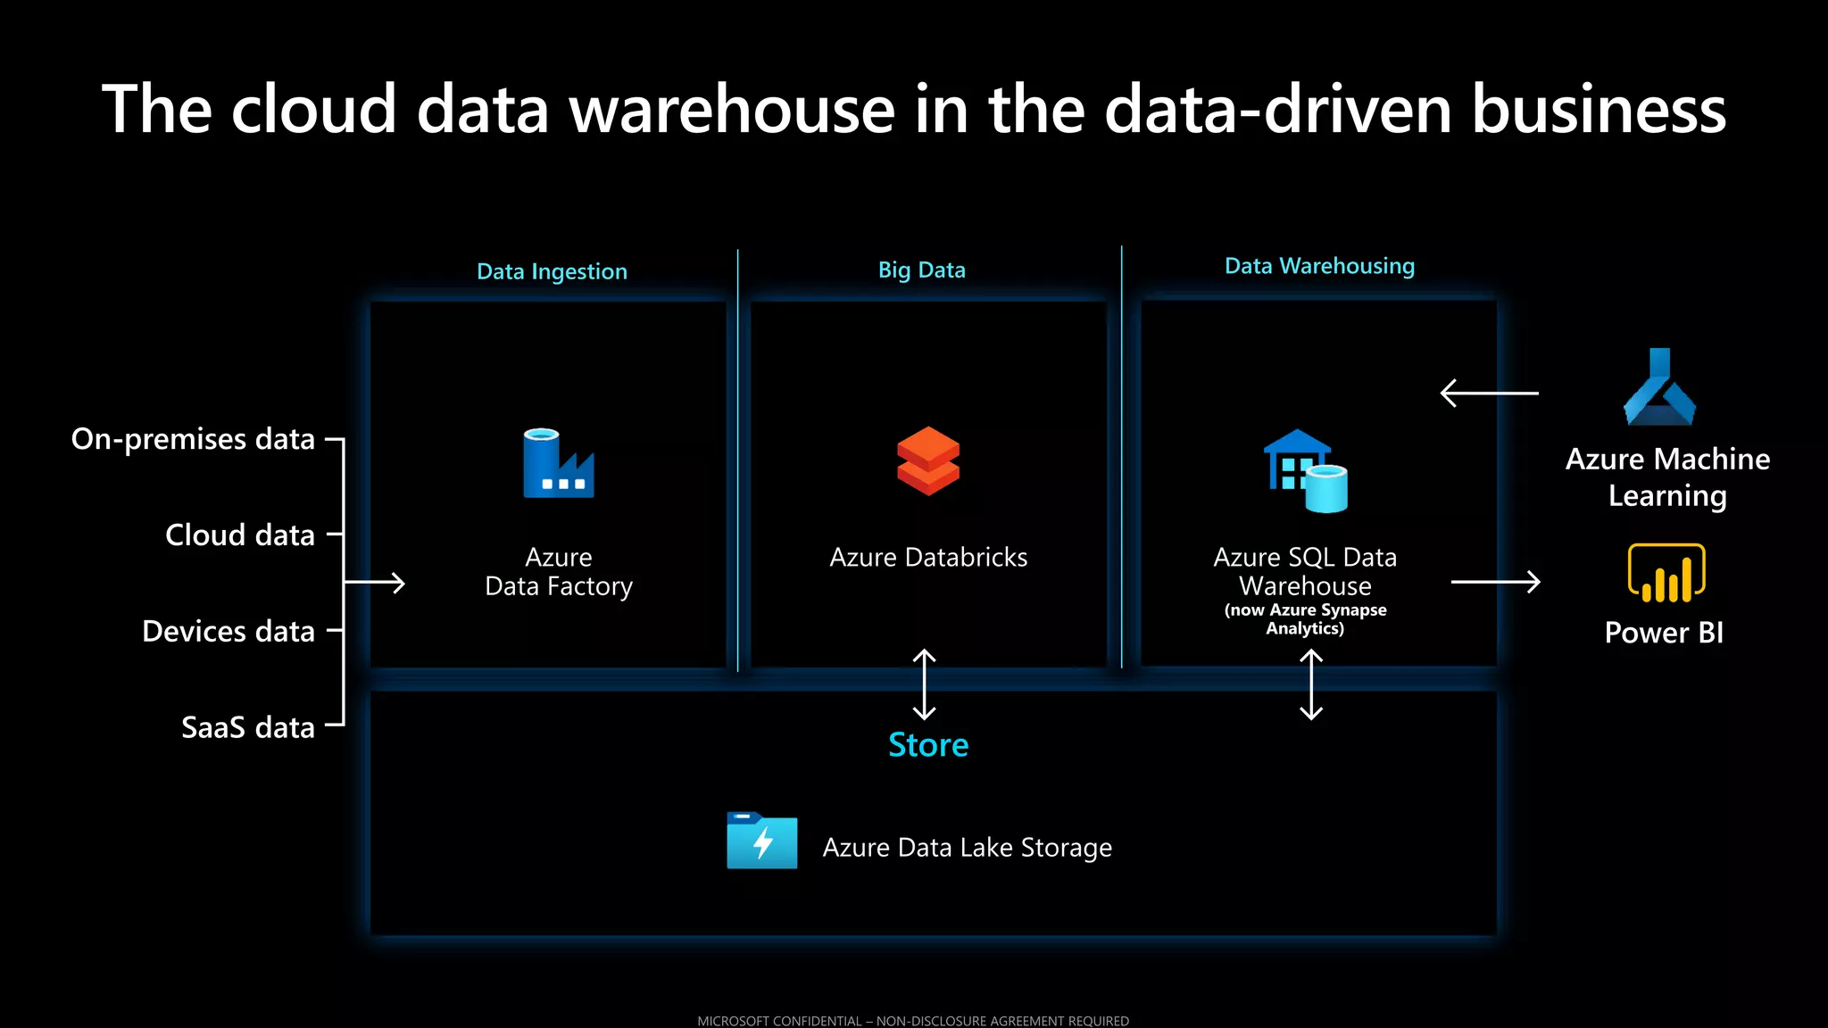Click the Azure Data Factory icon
pyautogui.click(x=558, y=463)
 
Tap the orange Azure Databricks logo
pyautogui.click(x=928, y=460)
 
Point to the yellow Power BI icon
pyautogui.click(x=1666, y=574)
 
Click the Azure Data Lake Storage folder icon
pyautogui.click(x=761, y=841)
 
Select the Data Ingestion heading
pyautogui.click(x=552, y=271)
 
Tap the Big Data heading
pyautogui.click(x=921, y=269)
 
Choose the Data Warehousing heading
pyautogui.click(x=1319, y=266)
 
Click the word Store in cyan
pyautogui.click(x=928, y=744)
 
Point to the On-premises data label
pyautogui.click(x=193, y=439)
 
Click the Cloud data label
pyautogui.click(x=240, y=535)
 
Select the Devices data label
pyautogui.click(x=228, y=631)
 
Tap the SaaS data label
pyautogui.click(x=248, y=727)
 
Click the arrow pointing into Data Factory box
pyautogui.click(x=375, y=583)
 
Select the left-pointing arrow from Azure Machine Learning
pyautogui.click(x=1489, y=393)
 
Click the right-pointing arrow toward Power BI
pyautogui.click(x=1496, y=582)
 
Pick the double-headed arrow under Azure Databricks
pyautogui.click(x=925, y=684)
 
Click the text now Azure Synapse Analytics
pyautogui.click(x=1305, y=618)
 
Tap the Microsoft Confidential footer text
pyautogui.click(x=913, y=1020)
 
